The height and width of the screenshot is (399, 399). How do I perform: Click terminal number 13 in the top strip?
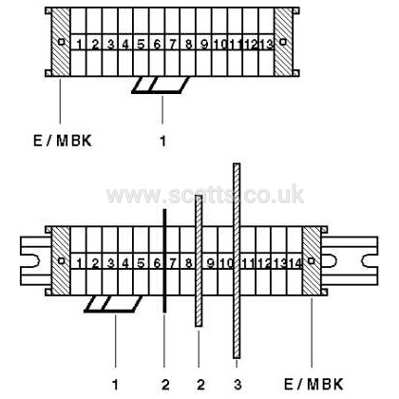tap(267, 44)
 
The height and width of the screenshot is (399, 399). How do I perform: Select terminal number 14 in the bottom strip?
tap(295, 263)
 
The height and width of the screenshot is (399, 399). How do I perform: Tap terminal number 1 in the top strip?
tap(79, 44)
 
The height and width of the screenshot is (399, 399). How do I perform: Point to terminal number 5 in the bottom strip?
tap(141, 263)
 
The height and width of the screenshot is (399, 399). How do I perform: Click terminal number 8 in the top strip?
tap(188, 44)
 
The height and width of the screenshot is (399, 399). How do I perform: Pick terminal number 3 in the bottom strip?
tap(110, 263)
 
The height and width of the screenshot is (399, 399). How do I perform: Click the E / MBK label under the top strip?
tap(63, 141)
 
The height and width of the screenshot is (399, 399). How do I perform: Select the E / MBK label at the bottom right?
tap(313, 384)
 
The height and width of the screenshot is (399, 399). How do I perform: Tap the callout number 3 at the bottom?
tap(237, 385)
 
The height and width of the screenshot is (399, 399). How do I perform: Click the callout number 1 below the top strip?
tap(162, 141)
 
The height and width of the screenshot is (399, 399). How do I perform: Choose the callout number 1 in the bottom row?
tap(115, 385)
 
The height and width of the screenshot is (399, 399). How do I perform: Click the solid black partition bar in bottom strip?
tap(164, 260)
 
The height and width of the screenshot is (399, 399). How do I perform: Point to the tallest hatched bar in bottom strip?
tap(237, 260)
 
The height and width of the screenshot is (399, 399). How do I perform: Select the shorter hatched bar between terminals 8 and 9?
tap(199, 260)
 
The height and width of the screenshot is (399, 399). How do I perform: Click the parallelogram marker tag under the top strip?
tap(161, 85)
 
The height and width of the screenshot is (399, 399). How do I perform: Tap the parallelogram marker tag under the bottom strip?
tap(113, 304)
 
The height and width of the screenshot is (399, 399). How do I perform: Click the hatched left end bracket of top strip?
tap(61, 42)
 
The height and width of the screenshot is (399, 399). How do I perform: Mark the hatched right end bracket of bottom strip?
tap(312, 260)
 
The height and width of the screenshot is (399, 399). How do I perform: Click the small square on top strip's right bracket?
tap(283, 42)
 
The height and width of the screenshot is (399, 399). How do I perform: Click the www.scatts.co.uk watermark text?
tap(205, 194)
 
